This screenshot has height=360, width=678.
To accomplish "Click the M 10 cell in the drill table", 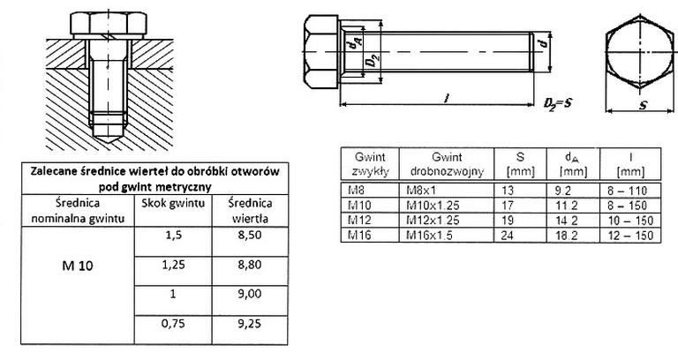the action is click(x=78, y=266).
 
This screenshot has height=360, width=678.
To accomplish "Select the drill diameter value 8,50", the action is click(x=250, y=236).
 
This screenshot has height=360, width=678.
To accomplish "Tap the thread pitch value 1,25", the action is click(x=173, y=265).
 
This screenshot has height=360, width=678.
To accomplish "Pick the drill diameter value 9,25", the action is click(x=250, y=324).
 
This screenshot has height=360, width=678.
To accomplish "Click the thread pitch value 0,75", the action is click(x=173, y=324).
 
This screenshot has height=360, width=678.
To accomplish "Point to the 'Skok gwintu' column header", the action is click(x=173, y=203).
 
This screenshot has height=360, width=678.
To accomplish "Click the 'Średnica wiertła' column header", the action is click(x=250, y=211).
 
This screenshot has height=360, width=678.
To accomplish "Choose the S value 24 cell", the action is click(x=508, y=235).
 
